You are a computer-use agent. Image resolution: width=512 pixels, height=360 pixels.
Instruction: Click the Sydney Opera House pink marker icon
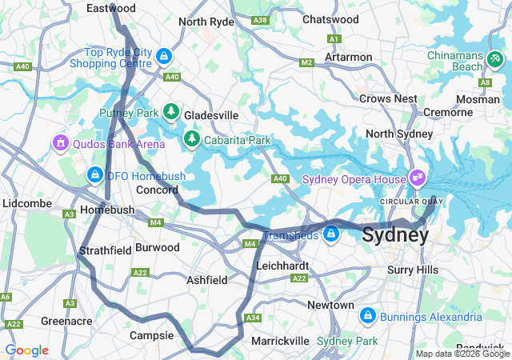tap(417, 177)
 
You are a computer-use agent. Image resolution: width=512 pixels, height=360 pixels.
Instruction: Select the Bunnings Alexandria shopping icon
tap(367, 315)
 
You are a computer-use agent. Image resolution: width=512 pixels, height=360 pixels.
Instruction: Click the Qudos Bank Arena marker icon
tap(59, 142)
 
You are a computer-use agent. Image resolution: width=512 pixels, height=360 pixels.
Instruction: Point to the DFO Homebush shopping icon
tap(94, 174)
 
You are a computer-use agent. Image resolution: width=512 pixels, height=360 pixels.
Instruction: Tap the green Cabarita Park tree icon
tap(192, 139)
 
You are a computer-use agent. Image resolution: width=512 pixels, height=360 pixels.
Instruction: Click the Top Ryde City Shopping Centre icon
tap(163, 56)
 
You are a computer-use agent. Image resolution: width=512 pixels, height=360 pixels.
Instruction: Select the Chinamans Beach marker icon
tap(495, 59)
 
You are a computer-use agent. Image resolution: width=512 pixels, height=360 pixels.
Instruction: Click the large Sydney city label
tap(395, 235)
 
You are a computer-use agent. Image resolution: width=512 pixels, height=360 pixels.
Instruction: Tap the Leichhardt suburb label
tap(282, 265)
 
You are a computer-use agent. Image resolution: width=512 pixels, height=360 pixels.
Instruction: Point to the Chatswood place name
tap(331, 18)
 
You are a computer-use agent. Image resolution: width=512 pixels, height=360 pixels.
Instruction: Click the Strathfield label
tap(106, 250)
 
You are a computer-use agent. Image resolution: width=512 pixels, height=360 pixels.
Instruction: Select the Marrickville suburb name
tap(280, 341)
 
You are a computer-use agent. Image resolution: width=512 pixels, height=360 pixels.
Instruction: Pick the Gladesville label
tap(211, 115)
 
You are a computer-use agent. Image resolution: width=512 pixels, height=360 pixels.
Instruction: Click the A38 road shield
tap(259, 19)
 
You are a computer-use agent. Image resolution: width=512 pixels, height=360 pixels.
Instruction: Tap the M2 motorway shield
tap(306, 62)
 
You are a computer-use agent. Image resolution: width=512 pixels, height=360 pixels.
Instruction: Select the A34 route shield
tap(254, 318)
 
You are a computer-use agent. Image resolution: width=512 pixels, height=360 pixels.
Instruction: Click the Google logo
tap(26, 350)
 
